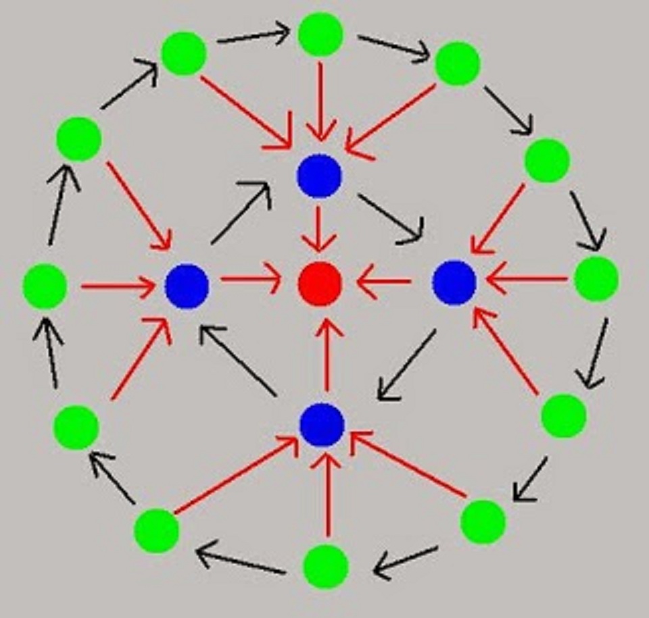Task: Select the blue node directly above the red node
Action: (x=319, y=176)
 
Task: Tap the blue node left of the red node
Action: (x=187, y=286)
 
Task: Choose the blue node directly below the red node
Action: (x=322, y=424)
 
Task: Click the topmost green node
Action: (x=320, y=34)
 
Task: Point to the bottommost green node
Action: (x=325, y=566)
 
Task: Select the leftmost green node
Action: (x=45, y=286)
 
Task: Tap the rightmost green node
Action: (x=596, y=278)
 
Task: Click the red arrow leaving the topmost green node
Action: (x=320, y=101)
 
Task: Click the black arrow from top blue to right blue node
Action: (x=391, y=217)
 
